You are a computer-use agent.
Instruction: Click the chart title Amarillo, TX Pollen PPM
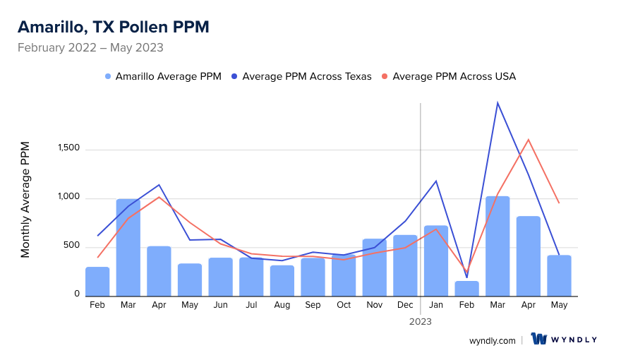113,27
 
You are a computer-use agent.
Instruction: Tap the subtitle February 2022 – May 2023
90,48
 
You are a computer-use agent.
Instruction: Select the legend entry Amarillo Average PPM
163,76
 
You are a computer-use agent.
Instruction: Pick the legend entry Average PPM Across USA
448,76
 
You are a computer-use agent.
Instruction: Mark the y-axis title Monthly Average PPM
25,199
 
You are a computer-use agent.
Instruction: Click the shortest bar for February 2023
466,288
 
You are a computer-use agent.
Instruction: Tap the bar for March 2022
128,247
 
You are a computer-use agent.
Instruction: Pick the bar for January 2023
436,260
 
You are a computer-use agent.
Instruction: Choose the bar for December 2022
405,265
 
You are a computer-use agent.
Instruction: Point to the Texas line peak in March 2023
498,103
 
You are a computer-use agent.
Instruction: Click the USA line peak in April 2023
528,140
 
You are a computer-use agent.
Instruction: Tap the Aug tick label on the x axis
282,305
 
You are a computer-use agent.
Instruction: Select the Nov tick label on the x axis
374,305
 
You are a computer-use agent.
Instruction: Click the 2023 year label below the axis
420,321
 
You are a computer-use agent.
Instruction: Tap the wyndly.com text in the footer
493,340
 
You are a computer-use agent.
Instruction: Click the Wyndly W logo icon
540,339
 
